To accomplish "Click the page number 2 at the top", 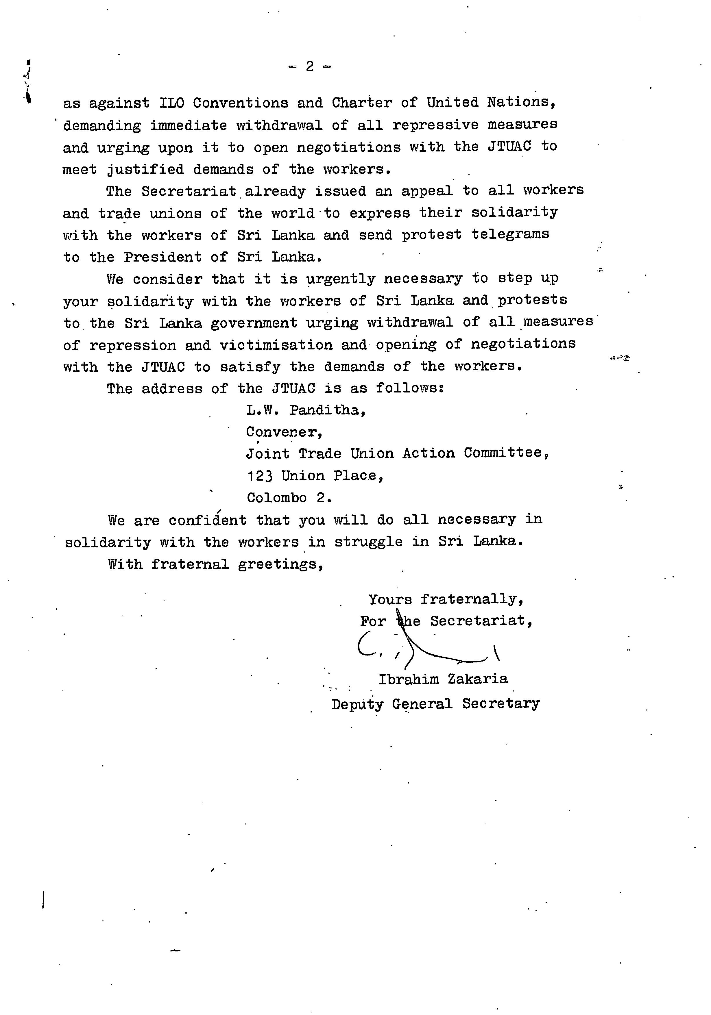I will (x=309, y=66).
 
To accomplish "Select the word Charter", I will (x=362, y=103).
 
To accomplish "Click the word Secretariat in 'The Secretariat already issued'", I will (x=189, y=191).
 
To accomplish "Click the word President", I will (x=162, y=257).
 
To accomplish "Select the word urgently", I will (x=341, y=279).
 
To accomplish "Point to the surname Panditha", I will (x=328, y=410).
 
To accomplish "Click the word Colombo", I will (x=277, y=498).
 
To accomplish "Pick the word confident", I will (x=207, y=520).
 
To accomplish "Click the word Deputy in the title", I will (x=357, y=704).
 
